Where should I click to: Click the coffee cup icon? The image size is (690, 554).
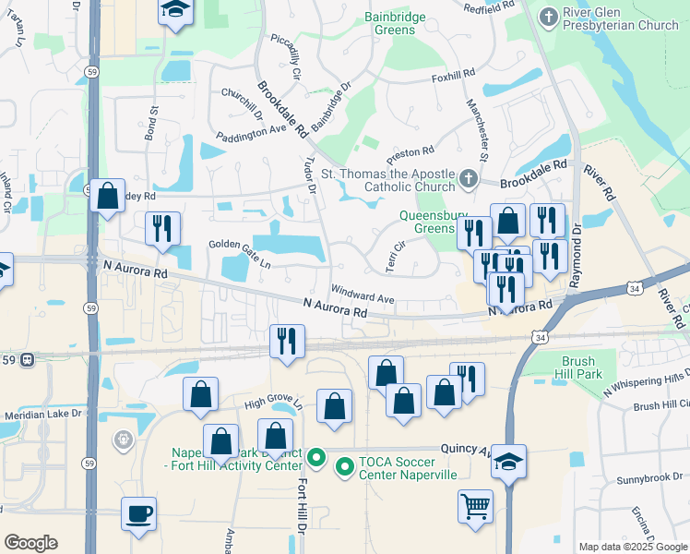point(138,513)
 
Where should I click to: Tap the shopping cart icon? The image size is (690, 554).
point(475,506)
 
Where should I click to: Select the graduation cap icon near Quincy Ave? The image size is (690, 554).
point(508,461)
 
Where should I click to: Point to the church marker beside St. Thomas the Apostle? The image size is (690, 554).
point(469,178)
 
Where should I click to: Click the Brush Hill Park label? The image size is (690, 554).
point(581,367)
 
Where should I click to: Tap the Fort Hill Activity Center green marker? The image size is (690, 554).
point(315,456)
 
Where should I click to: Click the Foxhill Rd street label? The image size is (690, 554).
point(453,72)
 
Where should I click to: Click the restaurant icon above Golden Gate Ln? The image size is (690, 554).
point(163,229)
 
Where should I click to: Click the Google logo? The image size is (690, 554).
point(30,543)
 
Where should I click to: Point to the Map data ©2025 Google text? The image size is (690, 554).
point(632,547)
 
